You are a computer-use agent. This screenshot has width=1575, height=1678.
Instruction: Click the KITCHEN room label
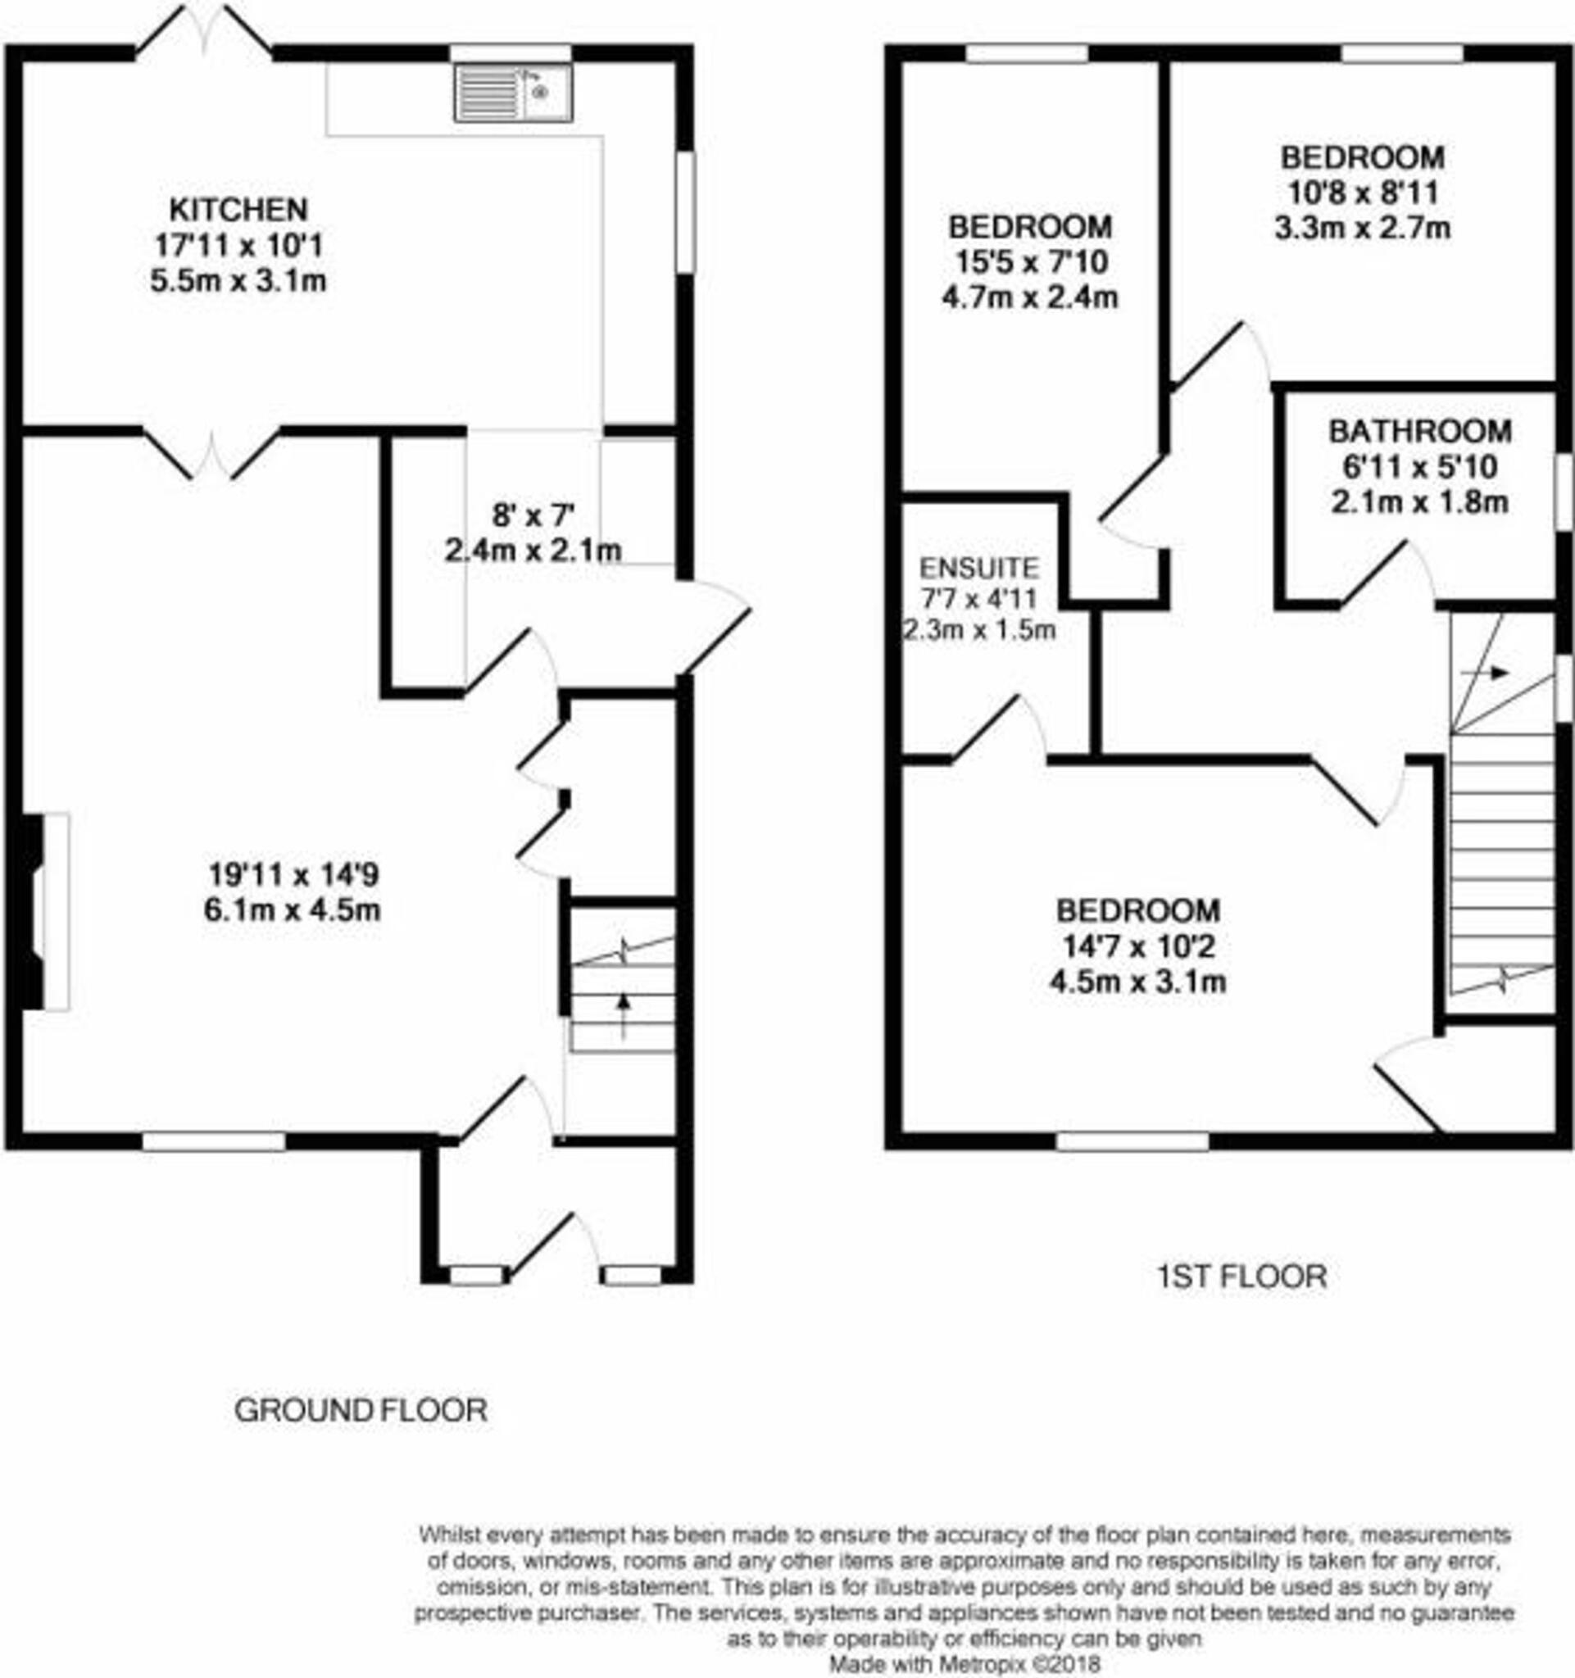[x=238, y=209]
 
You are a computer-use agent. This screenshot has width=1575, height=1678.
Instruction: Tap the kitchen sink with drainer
[x=513, y=93]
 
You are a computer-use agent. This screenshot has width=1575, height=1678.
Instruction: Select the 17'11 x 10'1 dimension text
[x=238, y=246]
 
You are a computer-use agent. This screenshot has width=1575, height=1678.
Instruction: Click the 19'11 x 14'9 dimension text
[x=293, y=874]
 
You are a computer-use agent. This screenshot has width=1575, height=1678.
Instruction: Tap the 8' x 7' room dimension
[x=533, y=514]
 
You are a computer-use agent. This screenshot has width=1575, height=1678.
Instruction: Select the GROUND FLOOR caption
[x=361, y=1410]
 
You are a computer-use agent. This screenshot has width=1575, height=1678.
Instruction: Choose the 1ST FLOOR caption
[x=1241, y=1277]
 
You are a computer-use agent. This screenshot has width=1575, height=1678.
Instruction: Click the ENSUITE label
[x=979, y=566]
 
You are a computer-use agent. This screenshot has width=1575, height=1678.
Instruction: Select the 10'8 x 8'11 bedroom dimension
[x=1362, y=193]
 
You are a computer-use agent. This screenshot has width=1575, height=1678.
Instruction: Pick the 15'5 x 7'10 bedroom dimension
[x=1030, y=262]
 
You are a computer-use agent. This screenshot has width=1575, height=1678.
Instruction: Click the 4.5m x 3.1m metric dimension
[x=1137, y=982]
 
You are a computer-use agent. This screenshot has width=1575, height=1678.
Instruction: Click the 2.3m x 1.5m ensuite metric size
[x=979, y=630]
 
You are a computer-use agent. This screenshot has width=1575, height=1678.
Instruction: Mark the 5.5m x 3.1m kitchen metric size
[x=238, y=281]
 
